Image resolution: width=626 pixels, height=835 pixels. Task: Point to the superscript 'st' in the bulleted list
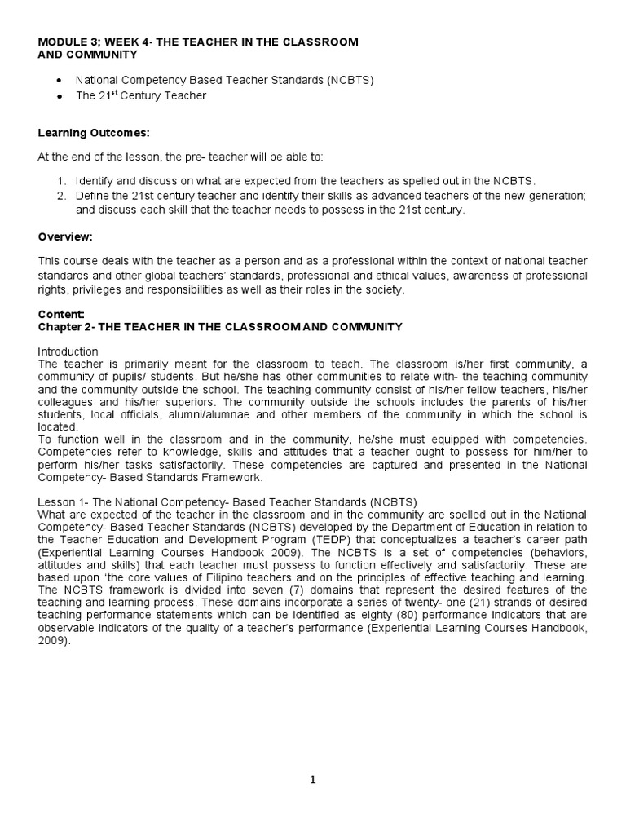click(117, 92)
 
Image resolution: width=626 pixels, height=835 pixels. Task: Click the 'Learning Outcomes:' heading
click(84, 133)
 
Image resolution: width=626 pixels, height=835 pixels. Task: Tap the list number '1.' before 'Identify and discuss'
click(62, 180)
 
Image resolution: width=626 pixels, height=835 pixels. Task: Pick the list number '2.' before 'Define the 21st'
click(62, 196)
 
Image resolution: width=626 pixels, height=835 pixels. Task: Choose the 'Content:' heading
click(61, 315)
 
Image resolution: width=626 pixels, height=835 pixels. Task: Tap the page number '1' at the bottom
click(312, 780)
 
